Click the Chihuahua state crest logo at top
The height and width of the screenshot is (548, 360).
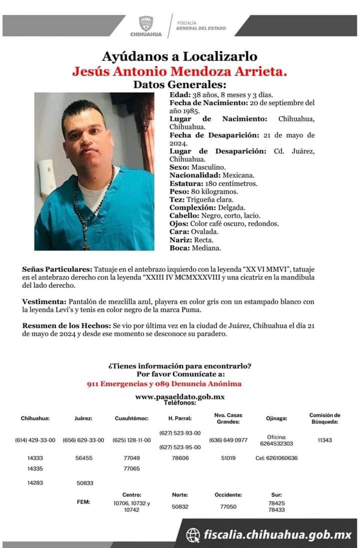(146, 23)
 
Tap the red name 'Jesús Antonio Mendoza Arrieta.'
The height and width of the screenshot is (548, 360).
(179, 72)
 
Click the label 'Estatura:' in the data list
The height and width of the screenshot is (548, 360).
(184, 184)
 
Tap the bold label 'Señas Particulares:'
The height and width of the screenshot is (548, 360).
(57, 269)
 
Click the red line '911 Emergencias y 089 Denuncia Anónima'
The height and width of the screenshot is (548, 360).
(163, 384)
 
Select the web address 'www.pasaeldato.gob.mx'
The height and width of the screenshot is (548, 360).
(180, 396)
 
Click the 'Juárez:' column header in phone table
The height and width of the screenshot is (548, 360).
(83, 418)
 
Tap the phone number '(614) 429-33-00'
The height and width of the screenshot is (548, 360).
(35, 440)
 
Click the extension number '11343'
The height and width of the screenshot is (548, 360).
(324, 440)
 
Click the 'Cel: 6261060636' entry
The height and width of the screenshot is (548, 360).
(276, 458)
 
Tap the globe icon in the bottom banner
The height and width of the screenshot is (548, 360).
(193, 535)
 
